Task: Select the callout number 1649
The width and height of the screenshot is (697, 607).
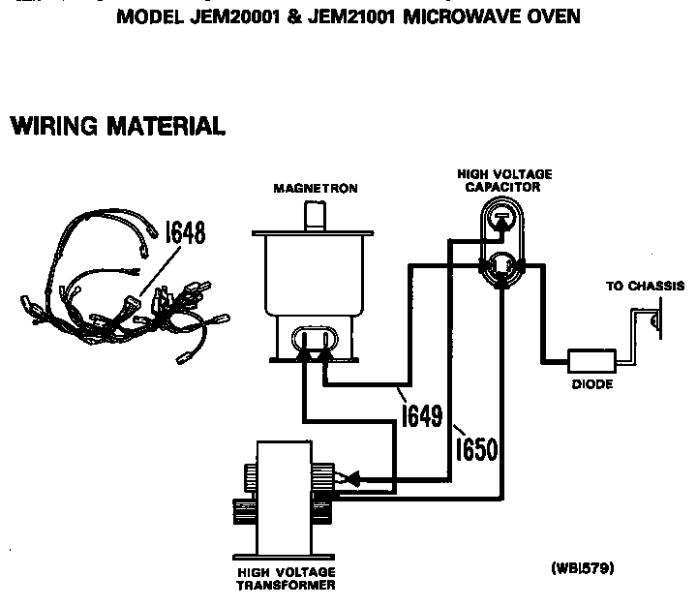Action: (x=421, y=415)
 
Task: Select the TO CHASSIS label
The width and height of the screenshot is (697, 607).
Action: (x=645, y=287)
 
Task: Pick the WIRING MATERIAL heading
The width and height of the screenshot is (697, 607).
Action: (x=117, y=126)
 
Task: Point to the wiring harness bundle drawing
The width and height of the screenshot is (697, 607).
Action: (x=126, y=295)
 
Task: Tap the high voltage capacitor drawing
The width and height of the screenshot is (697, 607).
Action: (x=500, y=247)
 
